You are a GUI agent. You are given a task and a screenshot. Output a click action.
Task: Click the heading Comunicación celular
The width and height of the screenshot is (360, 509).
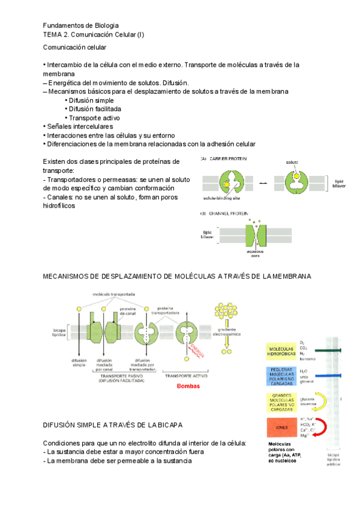click(74, 47)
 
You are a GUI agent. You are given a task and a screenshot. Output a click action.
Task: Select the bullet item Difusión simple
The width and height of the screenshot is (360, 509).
click(91, 100)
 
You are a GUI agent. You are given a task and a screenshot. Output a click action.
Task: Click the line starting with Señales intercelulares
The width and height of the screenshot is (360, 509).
click(79, 127)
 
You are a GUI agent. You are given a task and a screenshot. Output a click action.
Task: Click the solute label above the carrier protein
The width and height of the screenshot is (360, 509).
click(292, 163)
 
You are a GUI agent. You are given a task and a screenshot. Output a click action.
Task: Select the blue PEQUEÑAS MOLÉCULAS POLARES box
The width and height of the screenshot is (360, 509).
click(281, 376)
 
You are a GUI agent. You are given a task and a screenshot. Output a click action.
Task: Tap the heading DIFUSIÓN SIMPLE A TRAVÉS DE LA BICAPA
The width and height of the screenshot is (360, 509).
click(113, 424)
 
